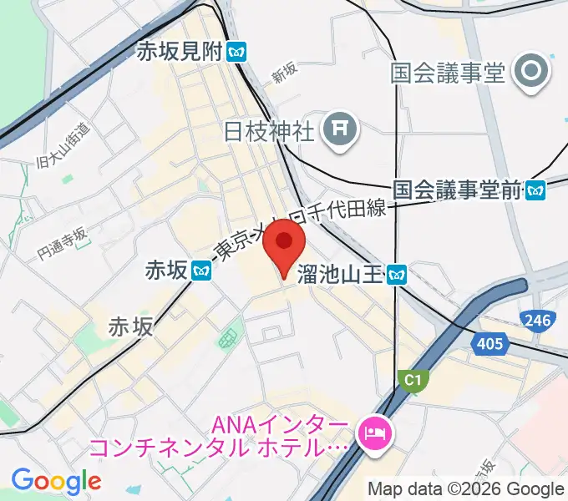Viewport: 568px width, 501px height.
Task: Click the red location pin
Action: (283, 247)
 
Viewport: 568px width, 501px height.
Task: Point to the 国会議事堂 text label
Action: (449, 73)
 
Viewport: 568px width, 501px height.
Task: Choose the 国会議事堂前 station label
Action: (456, 190)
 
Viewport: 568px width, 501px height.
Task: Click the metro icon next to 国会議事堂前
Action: (535, 190)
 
